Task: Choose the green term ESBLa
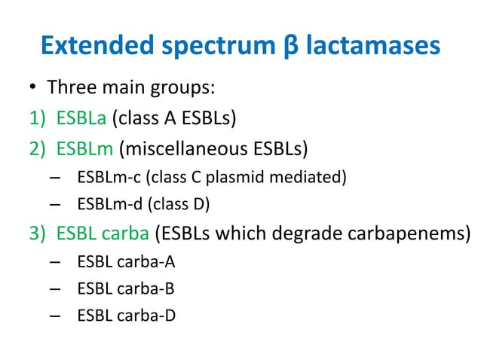point(81,117)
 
